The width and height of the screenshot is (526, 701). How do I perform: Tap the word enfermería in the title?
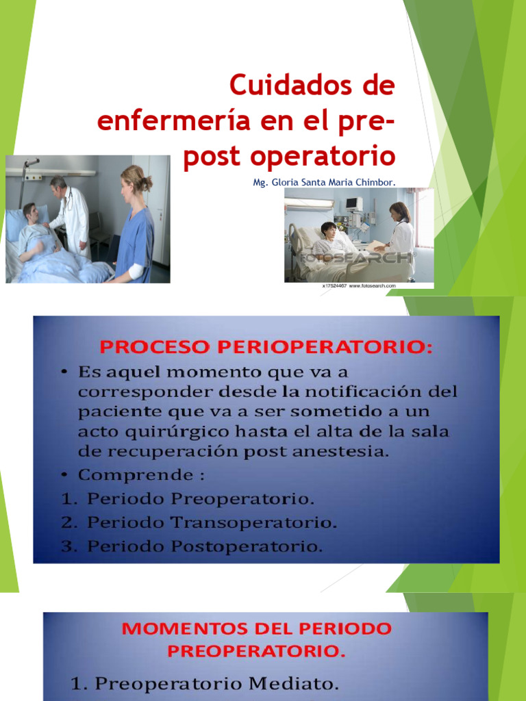164,121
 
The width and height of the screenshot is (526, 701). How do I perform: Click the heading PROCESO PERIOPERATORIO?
266,347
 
